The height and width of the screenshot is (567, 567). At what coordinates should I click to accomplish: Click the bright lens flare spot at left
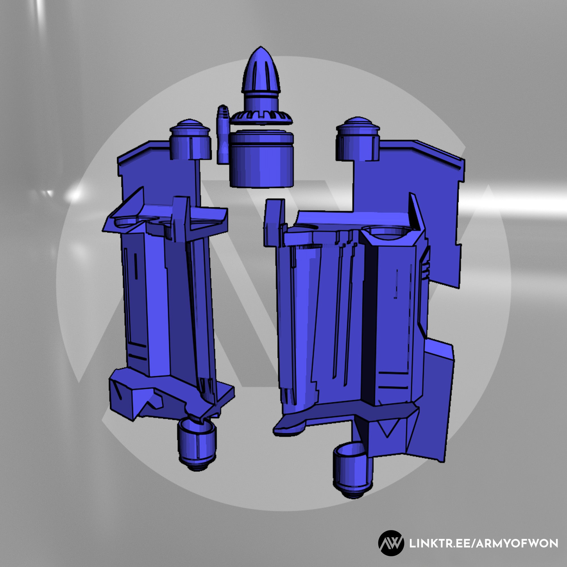coord(75,194)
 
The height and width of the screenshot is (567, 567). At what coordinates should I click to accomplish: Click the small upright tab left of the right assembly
coord(274,223)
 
